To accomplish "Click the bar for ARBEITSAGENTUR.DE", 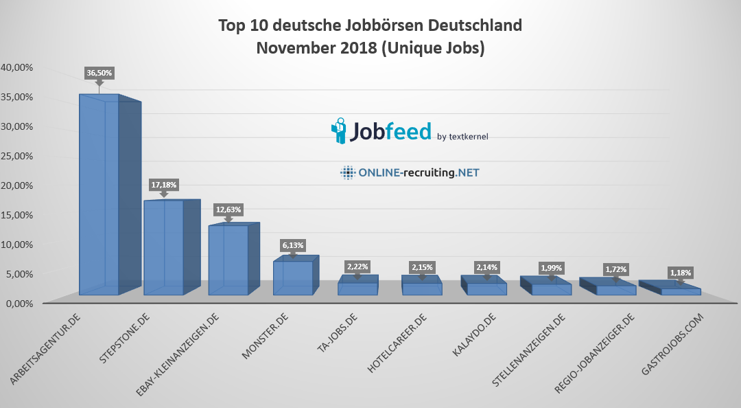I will [99, 196].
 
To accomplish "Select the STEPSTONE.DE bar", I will [163, 247].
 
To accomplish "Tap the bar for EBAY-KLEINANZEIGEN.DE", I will [228, 260].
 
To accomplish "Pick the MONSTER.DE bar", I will [293, 277].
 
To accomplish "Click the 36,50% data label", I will [99, 72].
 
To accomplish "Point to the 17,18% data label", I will [164, 185].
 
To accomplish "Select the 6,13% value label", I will [293, 245].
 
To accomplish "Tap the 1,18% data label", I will [681, 273].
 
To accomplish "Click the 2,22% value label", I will [357, 267].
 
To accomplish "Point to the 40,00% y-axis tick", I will [17, 67].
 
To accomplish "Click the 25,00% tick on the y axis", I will [17, 156].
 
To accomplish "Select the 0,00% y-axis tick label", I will [20, 303].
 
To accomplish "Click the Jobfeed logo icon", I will [340, 131].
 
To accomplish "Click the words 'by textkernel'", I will [462, 136].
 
